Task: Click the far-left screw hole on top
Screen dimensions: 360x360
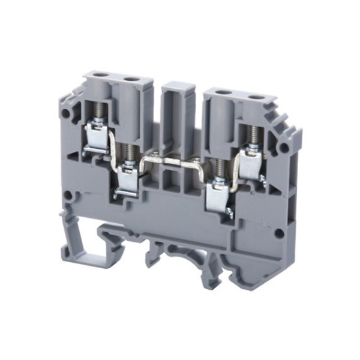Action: [100, 77]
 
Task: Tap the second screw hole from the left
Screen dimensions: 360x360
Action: [130, 79]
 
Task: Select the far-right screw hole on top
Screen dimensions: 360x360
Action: [256, 97]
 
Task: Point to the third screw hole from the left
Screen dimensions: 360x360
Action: [223, 94]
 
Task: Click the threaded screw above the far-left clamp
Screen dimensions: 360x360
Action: [97, 110]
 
